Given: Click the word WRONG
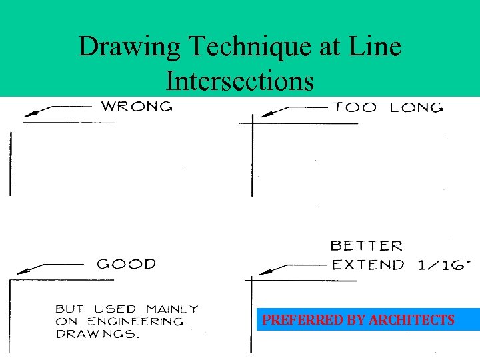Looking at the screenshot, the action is (x=137, y=105).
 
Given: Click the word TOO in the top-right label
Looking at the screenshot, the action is (x=355, y=107).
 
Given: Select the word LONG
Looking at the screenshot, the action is (x=415, y=107).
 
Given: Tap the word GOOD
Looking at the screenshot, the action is (x=126, y=263).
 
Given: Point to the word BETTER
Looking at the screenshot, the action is (x=367, y=247).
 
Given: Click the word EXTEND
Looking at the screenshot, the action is (x=368, y=265).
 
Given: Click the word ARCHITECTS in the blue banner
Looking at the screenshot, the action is (x=411, y=321).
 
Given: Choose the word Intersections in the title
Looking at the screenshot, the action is (x=239, y=81).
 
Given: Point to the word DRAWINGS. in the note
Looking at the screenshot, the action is (x=97, y=334).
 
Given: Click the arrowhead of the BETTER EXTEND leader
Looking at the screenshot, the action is (x=265, y=272).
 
